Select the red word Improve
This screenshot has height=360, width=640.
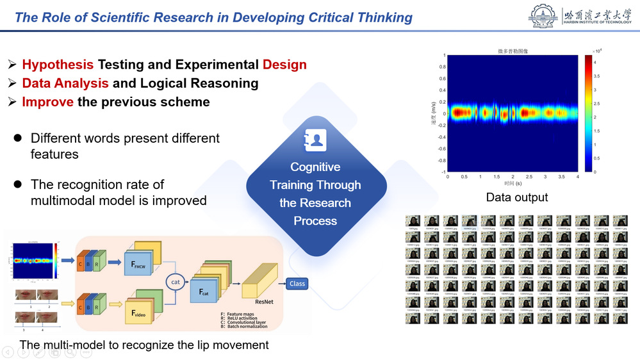point(47,102)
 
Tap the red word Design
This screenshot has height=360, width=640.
point(284,65)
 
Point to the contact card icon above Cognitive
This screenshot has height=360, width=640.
point(315,139)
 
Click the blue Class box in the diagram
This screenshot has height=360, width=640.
point(297,283)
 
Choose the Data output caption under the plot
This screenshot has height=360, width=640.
point(516,197)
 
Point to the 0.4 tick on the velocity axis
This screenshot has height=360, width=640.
point(442,79)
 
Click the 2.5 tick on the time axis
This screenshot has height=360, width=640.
point(529,176)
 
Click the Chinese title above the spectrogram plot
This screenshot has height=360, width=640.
point(512,50)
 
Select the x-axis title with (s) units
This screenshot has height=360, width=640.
point(512,184)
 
